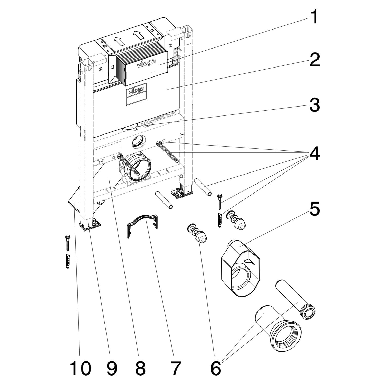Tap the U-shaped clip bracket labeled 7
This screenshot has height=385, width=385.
click(142, 224)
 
